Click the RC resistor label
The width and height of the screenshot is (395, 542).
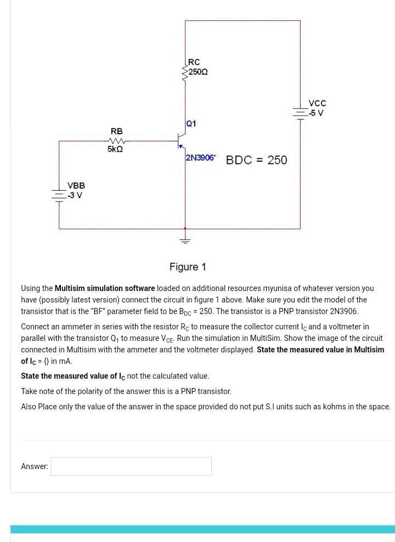click(194, 62)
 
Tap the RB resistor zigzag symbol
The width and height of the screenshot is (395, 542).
click(116, 141)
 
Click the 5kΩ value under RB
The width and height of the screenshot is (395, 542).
click(115, 149)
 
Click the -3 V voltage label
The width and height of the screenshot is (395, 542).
click(75, 196)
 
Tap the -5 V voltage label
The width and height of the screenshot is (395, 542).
click(316, 113)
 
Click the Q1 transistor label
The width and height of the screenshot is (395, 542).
click(191, 124)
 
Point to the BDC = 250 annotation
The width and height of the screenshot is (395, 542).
click(256, 160)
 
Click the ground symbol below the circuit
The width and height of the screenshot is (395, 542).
click(185, 239)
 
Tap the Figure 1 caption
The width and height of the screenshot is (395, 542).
click(188, 267)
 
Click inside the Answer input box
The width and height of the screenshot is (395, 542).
click(131, 466)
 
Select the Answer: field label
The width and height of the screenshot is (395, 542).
click(35, 466)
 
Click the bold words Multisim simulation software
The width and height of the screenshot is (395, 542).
click(104, 288)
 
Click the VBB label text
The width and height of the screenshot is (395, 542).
click(76, 186)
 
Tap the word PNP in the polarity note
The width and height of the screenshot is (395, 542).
click(185, 391)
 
